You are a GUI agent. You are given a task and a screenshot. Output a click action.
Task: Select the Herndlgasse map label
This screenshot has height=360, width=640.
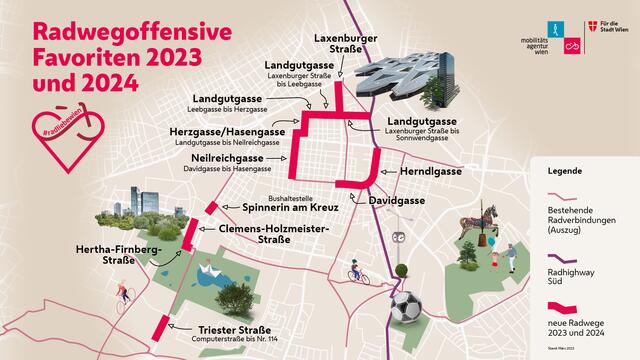418,172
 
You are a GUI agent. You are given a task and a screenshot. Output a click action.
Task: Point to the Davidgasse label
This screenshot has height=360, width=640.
396,200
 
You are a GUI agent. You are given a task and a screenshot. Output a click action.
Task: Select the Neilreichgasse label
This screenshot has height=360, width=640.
232,158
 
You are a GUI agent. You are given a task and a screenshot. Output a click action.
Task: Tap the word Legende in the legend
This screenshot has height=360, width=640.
566,171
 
